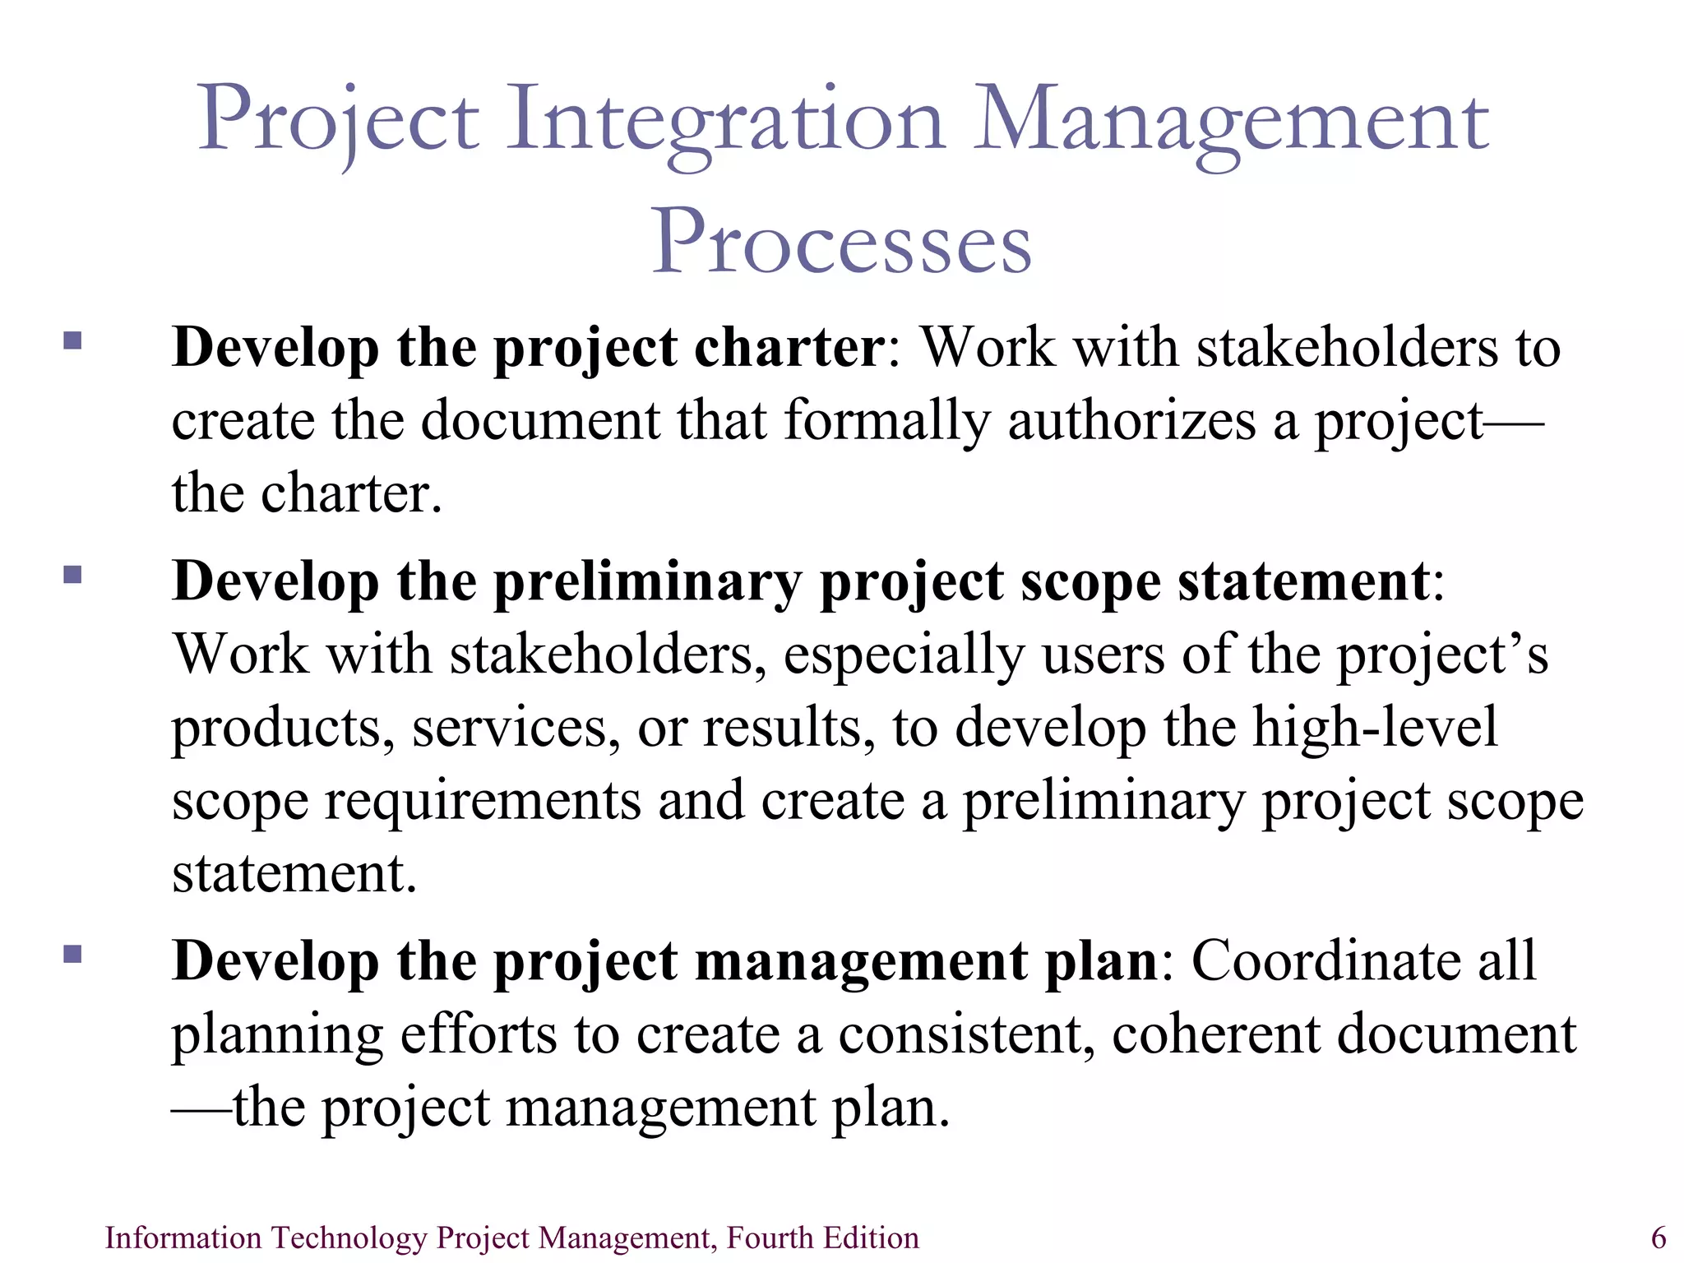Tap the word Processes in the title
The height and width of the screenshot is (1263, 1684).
841,243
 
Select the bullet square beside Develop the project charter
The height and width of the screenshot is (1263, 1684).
72,340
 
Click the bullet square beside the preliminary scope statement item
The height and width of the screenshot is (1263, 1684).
72,573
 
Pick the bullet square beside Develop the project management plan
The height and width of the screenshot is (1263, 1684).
72,953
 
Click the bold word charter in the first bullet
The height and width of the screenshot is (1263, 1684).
788,347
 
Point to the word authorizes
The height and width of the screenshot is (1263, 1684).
1131,420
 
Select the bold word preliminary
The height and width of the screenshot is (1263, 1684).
646,582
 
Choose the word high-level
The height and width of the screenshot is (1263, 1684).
1375,728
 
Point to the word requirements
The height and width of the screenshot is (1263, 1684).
483,801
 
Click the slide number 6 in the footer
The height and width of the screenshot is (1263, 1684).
1659,1238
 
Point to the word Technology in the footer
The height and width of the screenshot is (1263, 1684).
349,1238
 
